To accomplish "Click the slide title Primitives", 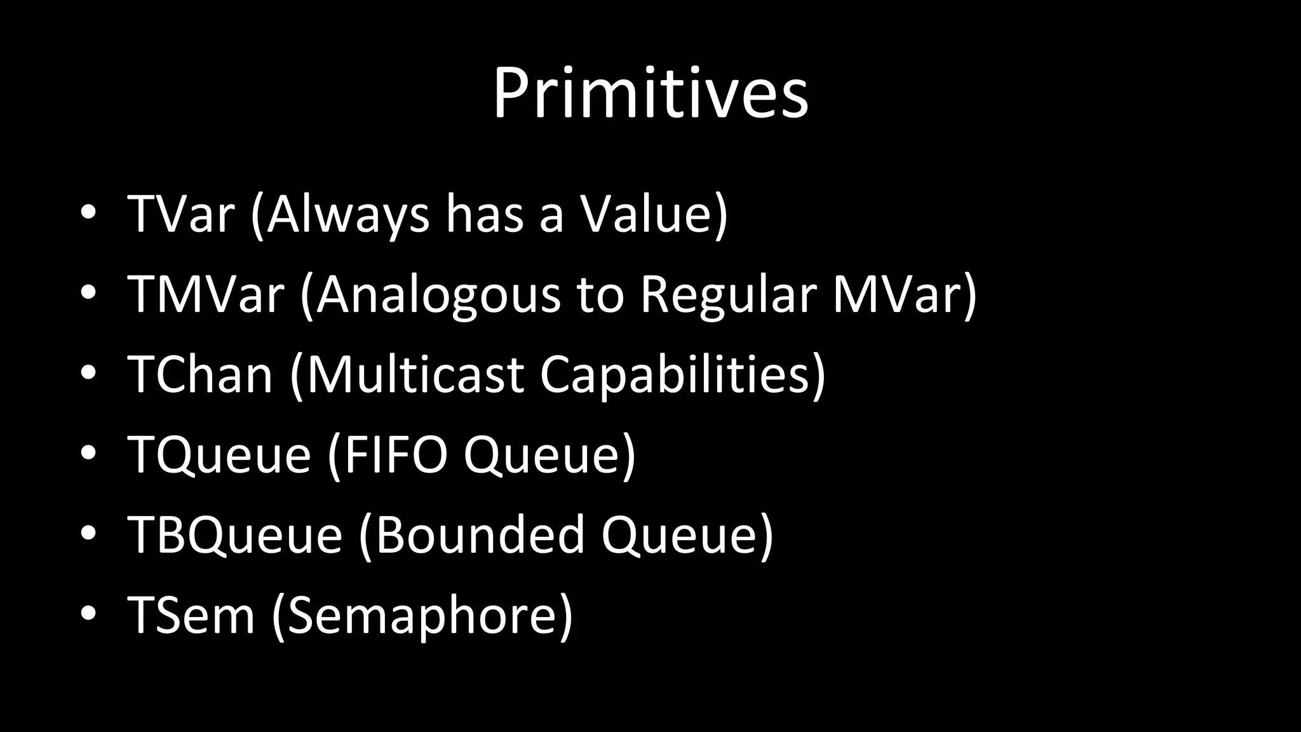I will click(650, 93).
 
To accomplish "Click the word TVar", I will click(181, 214).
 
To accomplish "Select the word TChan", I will click(200, 374).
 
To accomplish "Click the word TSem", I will click(191, 614).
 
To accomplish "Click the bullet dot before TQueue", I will click(88, 453).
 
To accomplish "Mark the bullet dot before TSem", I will click(88, 613).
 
